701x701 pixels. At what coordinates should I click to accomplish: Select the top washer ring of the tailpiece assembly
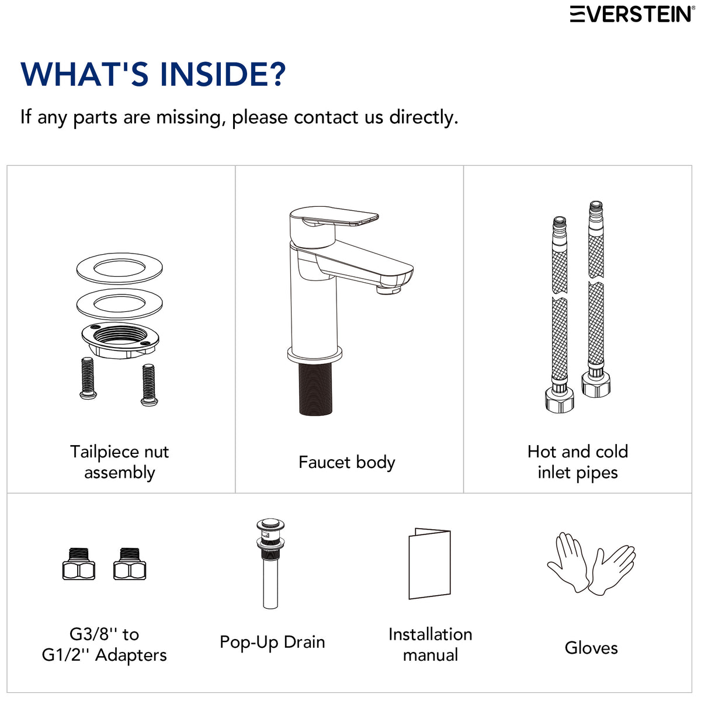[119, 269]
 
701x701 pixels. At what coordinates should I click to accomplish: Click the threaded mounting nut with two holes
[120, 339]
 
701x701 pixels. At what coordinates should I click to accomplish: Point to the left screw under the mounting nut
[88, 378]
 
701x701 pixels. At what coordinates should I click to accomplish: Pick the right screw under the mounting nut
[149, 384]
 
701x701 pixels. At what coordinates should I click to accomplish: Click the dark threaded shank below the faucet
[315, 388]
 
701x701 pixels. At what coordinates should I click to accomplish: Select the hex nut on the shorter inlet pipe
[560, 400]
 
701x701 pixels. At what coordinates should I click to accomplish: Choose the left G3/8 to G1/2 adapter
[79, 564]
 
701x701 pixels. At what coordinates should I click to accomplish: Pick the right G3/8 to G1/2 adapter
[130, 564]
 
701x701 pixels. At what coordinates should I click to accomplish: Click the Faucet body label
[346, 462]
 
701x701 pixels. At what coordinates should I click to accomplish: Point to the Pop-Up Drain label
[272, 642]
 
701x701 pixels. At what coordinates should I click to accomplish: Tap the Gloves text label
[591, 647]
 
